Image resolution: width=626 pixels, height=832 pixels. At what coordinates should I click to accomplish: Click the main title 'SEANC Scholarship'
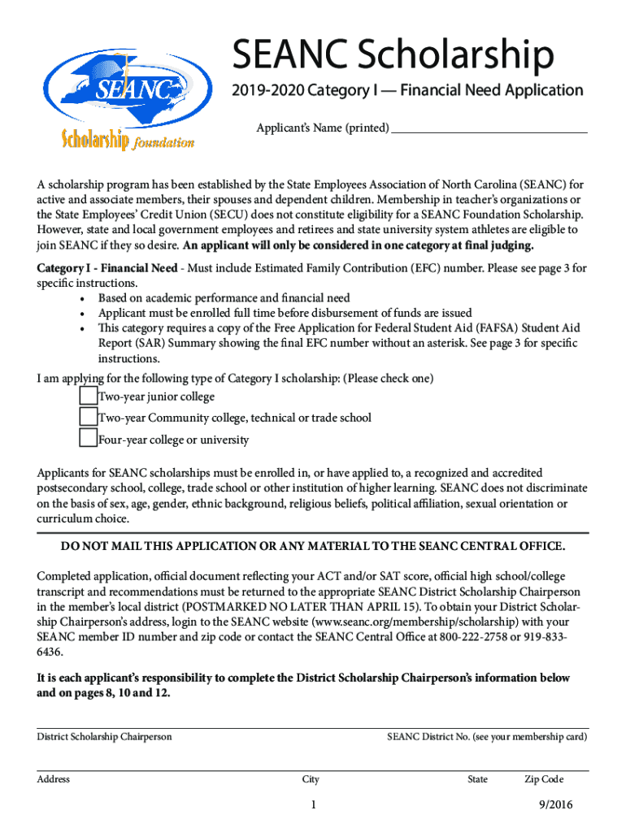[393, 56]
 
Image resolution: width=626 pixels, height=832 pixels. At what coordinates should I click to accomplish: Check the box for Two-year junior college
[88, 396]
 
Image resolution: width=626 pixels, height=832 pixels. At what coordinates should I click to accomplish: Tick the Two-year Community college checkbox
[88, 418]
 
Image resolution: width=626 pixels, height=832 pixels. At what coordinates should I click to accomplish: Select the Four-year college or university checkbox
[88, 440]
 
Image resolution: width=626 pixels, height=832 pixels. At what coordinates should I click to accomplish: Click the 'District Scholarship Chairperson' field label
[104, 737]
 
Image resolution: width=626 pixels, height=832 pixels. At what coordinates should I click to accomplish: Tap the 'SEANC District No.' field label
[487, 737]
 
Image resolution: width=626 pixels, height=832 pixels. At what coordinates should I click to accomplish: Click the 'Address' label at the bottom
[54, 779]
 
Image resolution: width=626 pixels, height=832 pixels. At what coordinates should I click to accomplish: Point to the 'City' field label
[311, 779]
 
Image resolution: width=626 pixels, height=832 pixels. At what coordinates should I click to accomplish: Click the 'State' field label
[477, 779]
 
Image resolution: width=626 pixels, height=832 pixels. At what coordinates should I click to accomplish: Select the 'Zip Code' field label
[544, 779]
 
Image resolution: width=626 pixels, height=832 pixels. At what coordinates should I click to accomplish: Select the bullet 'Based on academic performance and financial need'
[224, 298]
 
